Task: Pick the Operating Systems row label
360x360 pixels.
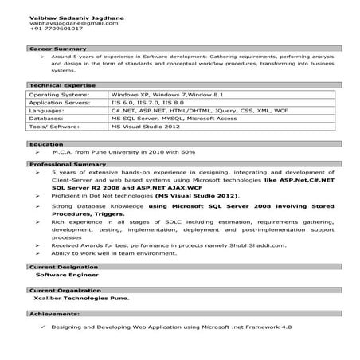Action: (60, 94)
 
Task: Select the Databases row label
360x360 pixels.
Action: (47, 118)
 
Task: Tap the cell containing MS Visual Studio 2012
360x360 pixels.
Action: (146, 126)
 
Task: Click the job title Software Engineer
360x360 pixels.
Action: (64, 274)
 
